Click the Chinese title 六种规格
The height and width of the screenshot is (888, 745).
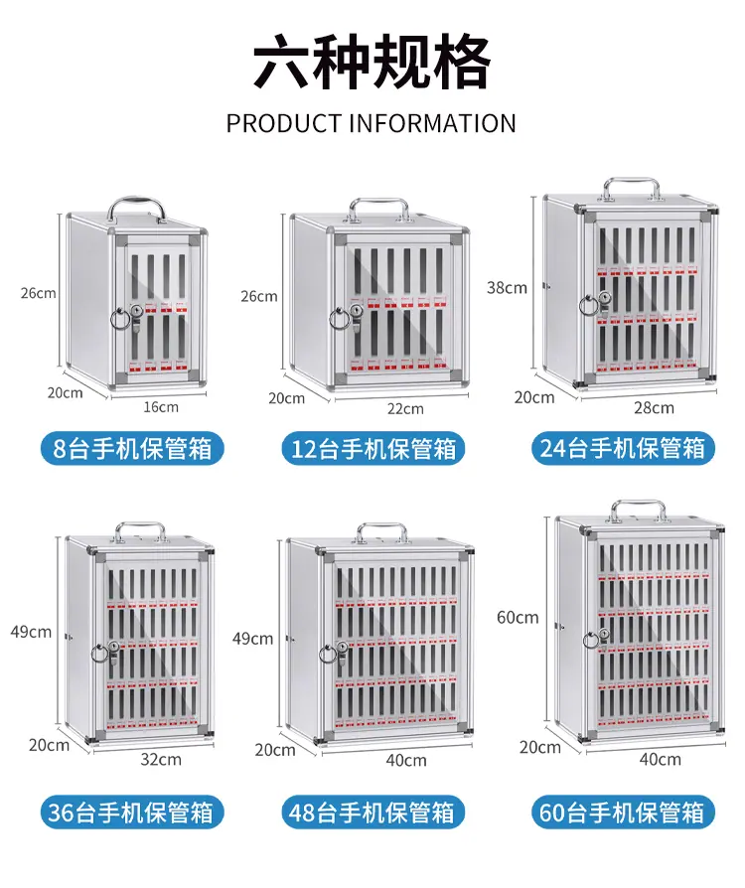pyautogui.click(x=372, y=62)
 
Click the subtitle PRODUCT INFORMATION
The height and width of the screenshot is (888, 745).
pyautogui.click(x=372, y=123)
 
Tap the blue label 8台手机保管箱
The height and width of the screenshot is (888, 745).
pyautogui.click(x=132, y=449)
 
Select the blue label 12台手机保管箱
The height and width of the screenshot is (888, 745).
pyautogui.click(x=372, y=449)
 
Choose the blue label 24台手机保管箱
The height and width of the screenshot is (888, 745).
pyautogui.click(x=623, y=449)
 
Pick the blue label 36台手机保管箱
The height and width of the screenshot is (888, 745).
pyautogui.click(x=132, y=813)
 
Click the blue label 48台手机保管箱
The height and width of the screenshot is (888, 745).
pyautogui.click(x=372, y=813)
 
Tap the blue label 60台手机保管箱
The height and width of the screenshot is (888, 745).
pyautogui.click(x=623, y=813)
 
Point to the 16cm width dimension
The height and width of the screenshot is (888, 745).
pyautogui.click(x=160, y=406)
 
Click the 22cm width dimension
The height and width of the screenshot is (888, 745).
pyautogui.click(x=405, y=408)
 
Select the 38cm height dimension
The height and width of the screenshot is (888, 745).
pyautogui.click(x=507, y=288)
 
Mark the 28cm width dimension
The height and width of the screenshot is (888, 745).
pyautogui.click(x=654, y=408)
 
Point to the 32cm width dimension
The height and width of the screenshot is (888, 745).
pyautogui.click(x=161, y=759)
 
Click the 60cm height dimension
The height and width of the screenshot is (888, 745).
pyautogui.click(x=518, y=617)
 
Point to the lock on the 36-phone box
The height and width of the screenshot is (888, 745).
pyautogui.click(x=114, y=653)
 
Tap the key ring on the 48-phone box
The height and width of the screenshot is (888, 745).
pyautogui.click(x=329, y=655)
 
